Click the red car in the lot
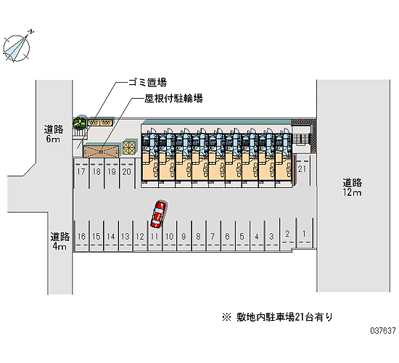tap(158, 214)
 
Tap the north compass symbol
tap(17, 47)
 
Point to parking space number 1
tap(304, 233)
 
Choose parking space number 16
tap(81, 237)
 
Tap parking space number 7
tap(213, 237)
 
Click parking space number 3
tap(271, 237)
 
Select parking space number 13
tap(126, 237)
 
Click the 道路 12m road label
tap(352, 187)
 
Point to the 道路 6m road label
tap(54, 134)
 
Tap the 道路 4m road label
tap(59, 241)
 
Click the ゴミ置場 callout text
tap(147, 82)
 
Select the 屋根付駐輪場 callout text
tap(173, 98)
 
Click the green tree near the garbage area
tap(80, 123)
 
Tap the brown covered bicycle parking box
tap(102, 151)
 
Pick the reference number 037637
tap(383, 330)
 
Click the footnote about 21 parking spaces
tap(277, 317)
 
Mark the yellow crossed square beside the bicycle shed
tap(129, 148)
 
